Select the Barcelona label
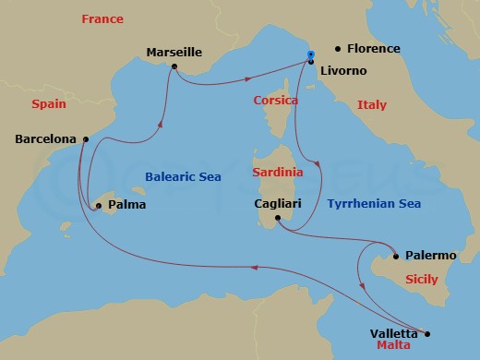[46, 140]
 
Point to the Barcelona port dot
[85, 139]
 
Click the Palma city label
[126, 204]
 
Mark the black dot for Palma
[98, 206]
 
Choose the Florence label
[374, 48]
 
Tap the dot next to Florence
[338, 48]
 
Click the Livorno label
[343, 69]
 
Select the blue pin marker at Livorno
[311, 55]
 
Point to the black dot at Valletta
[427, 334]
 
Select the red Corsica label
[274, 99]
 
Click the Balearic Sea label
[183, 176]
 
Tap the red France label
[102, 18]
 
